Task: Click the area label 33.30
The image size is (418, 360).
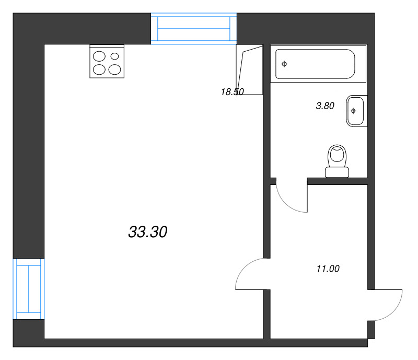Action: tap(148, 232)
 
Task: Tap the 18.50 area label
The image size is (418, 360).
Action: tap(232, 92)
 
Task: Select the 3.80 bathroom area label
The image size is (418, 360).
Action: tap(325, 106)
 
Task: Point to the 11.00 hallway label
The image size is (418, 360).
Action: tap(328, 269)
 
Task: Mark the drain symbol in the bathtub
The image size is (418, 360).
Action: tap(284, 64)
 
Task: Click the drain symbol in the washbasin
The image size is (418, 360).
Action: tap(353, 111)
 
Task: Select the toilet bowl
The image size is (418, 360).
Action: tap(337, 156)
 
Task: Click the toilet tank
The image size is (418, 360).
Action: tap(337, 172)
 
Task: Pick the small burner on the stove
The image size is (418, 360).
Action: tap(114, 56)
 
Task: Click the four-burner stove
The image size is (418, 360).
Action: tap(107, 62)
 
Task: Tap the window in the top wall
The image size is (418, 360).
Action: tap(194, 29)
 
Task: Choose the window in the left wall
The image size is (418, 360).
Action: tap(29, 289)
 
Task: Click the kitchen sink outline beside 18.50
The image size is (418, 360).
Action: tap(250, 70)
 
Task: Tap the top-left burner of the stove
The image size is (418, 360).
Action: tap(99, 56)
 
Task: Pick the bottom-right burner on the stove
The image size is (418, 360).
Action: tap(114, 69)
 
